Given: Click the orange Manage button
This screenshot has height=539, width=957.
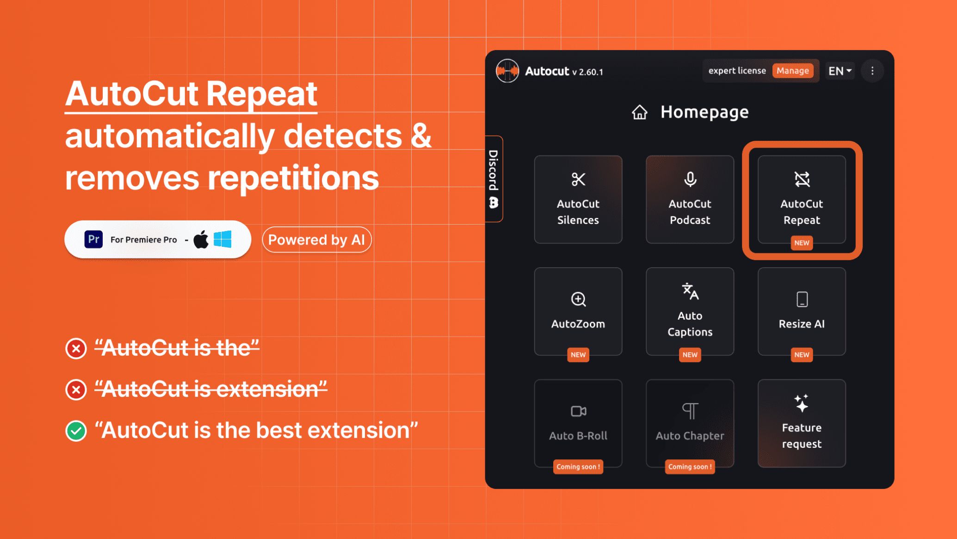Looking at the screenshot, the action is [x=792, y=71].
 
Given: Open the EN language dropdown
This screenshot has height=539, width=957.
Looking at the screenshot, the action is [x=840, y=71].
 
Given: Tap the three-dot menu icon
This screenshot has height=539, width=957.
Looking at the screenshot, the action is [x=872, y=71].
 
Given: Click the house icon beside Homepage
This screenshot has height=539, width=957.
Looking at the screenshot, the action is [x=640, y=112].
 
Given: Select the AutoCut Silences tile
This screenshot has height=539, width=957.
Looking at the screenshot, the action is [x=578, y=200].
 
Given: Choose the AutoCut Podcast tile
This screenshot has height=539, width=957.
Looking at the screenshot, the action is [x=690, y=200].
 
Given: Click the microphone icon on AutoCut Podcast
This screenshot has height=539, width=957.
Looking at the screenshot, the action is [x=690, y=179].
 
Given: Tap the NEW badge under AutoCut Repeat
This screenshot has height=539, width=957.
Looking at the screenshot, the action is [x=802, y=243].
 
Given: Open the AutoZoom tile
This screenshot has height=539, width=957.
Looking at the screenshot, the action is [x=578, y=312].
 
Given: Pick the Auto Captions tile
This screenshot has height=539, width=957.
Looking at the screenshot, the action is [x=690, y=312].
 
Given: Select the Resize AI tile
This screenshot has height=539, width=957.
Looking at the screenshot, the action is [x=802, y=312].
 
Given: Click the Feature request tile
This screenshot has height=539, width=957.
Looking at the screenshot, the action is [x=802, y=423].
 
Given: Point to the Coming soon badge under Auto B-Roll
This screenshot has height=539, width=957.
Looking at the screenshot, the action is [x=578, y=467].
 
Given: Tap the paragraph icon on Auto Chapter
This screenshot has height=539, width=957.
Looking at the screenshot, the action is [x=690, y=411].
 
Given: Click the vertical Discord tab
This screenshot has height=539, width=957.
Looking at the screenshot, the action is [x=494, y=179].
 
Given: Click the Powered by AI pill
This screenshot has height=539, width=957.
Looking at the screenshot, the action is [x=317, y=240].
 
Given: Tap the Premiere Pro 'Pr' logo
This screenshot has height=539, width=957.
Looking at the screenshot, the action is [x=93, y=239].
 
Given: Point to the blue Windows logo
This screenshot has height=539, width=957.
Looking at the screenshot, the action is [x=222, y=239].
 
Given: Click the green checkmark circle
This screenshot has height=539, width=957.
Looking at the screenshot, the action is [x=76, y=431].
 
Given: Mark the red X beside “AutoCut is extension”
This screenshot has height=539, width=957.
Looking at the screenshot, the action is [x=76, y=389].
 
